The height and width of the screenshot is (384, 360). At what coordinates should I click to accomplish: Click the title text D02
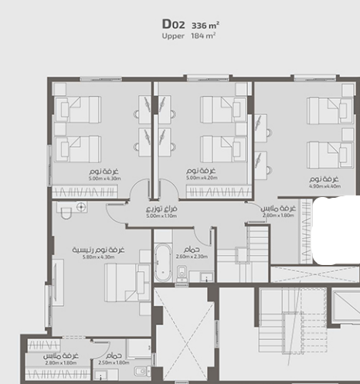click(x=174, y=24)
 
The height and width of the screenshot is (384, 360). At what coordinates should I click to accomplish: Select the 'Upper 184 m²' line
click(x=188, y=36)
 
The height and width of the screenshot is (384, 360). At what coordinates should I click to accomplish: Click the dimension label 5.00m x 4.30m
click(x=106, y=178)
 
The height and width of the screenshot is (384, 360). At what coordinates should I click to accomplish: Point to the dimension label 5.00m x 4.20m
click(x=202, y=178)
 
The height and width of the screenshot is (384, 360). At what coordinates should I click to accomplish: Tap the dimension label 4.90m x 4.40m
click(x=325, y=186)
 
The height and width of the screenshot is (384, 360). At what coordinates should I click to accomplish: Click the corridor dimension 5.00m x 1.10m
click(x=162, y=216)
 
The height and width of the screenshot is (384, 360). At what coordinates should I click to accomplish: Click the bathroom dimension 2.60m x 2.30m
click(x=192, y=256)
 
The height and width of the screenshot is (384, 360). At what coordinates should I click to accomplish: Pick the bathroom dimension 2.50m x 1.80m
click(x=114, y=362)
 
